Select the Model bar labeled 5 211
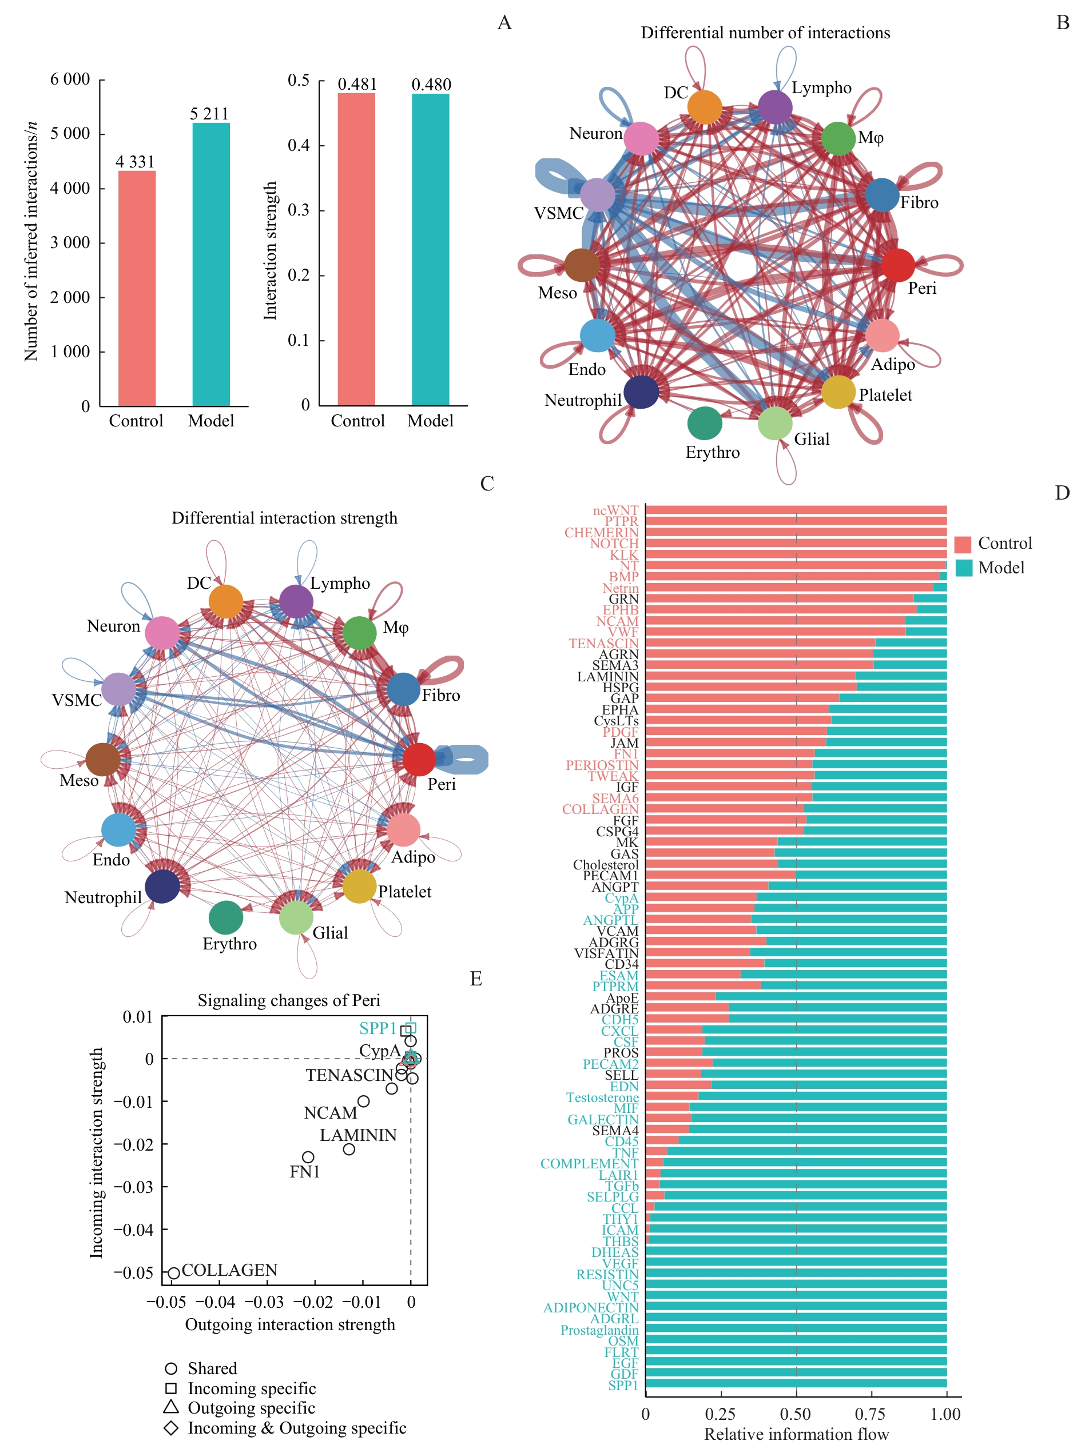tap(210, 264)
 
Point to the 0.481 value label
tap(357, 84)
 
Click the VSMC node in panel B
tap(597, 195)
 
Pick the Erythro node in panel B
tap(705, 424)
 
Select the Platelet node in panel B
tap(838, 392)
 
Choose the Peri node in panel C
tap(419, 759)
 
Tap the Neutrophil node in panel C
tap(162, 886)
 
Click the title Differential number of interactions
tap(765, 33)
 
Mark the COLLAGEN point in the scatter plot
tap(174, 1272)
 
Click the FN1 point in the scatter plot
tap(308, 1157)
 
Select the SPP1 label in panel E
tap(377, 1028)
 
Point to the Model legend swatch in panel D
tap(963, 568)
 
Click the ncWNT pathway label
tap(615, 510)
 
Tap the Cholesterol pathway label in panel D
tap(605, 864)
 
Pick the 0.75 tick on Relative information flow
tap(871, 1414)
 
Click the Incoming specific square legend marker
tap(171, 1388)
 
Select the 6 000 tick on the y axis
tap(70, 79)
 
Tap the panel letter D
tap(1062, 493)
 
